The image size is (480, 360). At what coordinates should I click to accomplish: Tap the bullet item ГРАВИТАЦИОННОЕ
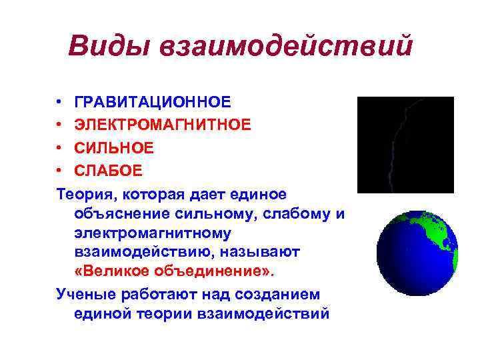(153, 102)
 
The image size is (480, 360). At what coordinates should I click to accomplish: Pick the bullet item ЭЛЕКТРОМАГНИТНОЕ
(163, 125)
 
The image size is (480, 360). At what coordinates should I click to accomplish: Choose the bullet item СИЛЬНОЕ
(114, 147)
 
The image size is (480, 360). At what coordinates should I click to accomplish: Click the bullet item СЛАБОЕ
(108, 170)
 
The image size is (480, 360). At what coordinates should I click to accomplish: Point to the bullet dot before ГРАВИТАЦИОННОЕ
(59, 102)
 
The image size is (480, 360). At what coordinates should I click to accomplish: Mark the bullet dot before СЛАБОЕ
(59, 170)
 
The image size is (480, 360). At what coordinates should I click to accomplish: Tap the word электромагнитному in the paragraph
(153, 233)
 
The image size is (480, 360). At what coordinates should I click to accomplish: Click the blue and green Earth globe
(417, 253)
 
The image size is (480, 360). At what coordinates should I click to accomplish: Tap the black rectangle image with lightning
(405, 145)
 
